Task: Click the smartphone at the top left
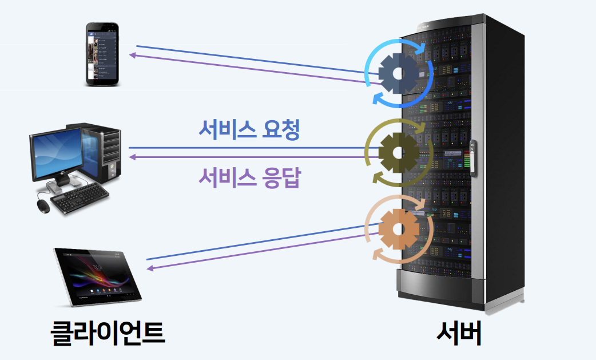coord(103,54)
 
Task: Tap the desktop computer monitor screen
coord(57,153)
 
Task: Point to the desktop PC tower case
coord(104,152)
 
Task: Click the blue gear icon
coord(398,73)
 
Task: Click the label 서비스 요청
coord(249,130)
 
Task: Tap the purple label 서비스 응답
coord(249,177)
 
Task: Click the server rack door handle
coord(472,156)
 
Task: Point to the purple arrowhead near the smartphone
coord(132,56)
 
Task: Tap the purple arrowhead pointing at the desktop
coord(132,157)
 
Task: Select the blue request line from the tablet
coord(257,243)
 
